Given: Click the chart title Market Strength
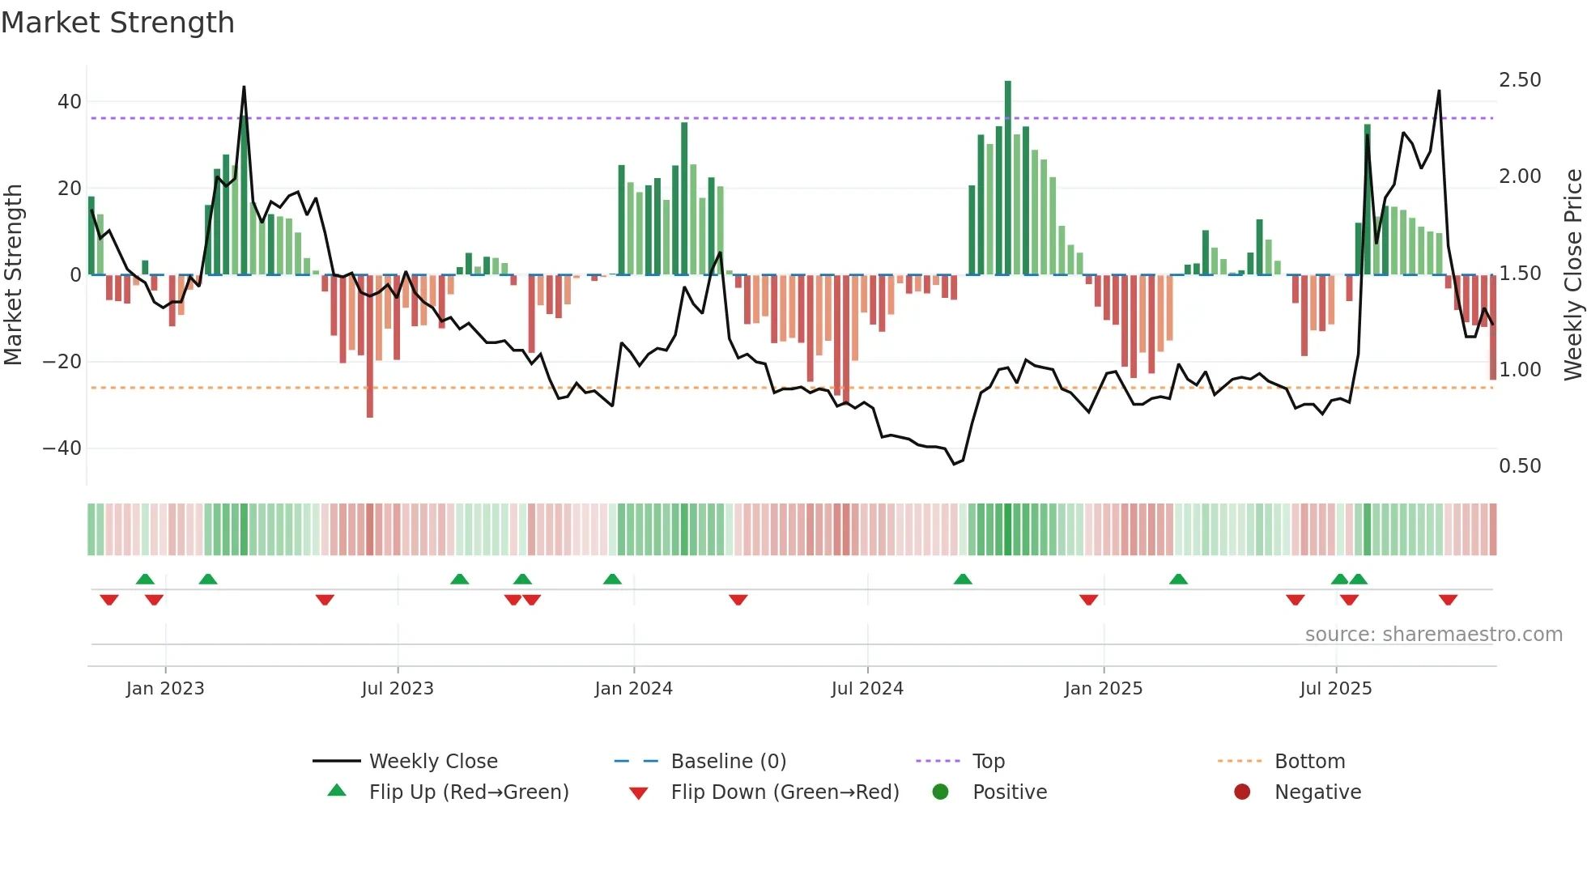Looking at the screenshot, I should [x=117, y=23].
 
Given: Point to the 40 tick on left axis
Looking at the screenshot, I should [x=70, y=102].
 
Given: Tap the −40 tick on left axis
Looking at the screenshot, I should [x=62, y=448].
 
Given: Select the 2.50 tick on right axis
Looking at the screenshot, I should [x=1520, y=80].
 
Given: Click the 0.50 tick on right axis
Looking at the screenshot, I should [x=1520, y=466].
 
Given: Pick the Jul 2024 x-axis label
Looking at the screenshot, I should [x=867, y=689].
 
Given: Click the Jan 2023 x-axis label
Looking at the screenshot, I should [x=165, y=689].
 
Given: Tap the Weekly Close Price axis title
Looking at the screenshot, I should [x=1572, y=275].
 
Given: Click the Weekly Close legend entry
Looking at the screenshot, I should [x=433, y=762].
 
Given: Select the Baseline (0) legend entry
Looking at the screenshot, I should [x=728, y=762].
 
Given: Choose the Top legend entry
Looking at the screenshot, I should [x=988, y=762].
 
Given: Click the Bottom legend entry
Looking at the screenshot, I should [x=1309, y=762].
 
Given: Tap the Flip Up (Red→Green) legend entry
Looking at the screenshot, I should [x=468, y=792].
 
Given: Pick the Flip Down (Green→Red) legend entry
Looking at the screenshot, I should [x=785, y=792].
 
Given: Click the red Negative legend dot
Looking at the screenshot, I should [x=1242, y=792].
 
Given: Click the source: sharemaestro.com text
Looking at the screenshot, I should [x=1433, y=635].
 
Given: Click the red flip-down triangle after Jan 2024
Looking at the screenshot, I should [x=738, y=600].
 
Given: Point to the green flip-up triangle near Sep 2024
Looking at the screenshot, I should [x=963, y=579].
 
